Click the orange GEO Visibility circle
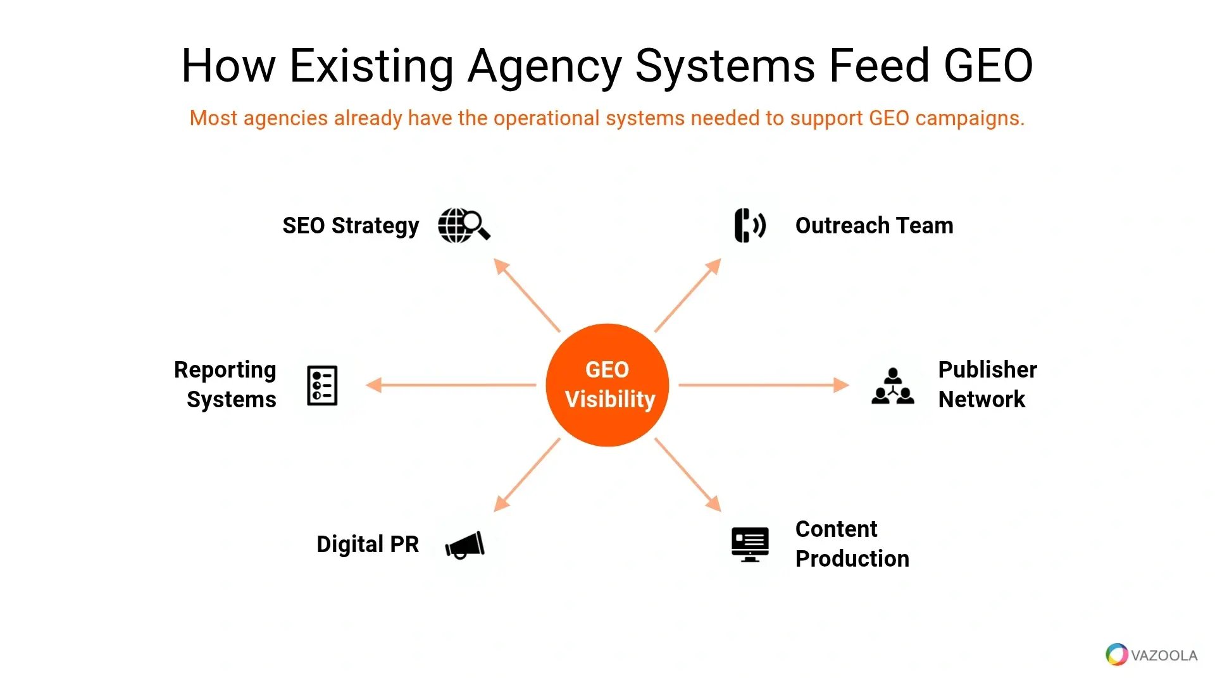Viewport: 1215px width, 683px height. [607, 385]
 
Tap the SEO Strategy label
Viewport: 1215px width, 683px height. [351, 226]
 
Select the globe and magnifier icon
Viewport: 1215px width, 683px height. [464, 225]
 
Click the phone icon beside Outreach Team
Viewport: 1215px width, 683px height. [750, 225]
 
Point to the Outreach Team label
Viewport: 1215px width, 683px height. [874, 225]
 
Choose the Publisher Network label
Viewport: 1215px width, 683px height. [987, 385]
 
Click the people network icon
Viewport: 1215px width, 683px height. [893, 386]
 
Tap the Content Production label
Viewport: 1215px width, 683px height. [852, 544]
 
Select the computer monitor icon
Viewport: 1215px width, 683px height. [750, 545]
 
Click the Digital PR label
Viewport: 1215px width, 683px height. [368, 544]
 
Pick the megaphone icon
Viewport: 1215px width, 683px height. [465, 545]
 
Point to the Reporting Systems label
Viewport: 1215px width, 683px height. [225, 385]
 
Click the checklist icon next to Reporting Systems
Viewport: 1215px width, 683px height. [322, 385]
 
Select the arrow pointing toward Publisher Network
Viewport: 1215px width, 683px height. [764, 385]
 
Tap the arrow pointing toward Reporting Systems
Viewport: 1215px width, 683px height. [451, 385]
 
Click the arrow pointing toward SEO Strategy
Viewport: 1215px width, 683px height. [526, 295]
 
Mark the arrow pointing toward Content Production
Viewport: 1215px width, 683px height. [688, 475]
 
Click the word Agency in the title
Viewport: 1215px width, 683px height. [545, 66]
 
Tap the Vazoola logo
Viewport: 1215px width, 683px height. [1152, 655]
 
